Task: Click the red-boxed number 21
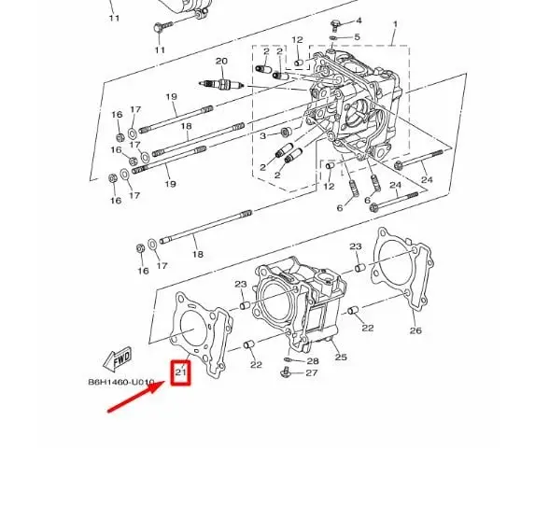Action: point(181,373)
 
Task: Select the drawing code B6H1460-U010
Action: point(120,382)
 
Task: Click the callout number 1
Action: point(394,24)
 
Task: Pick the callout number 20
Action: point(221,62)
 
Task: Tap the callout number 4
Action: point(359,21)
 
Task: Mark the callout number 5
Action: point(357,37)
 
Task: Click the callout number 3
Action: point(263,136)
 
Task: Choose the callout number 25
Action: point(341,357)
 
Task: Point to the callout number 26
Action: point(415,330)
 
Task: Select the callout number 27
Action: point(312,373)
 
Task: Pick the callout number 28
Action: point(313,360)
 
